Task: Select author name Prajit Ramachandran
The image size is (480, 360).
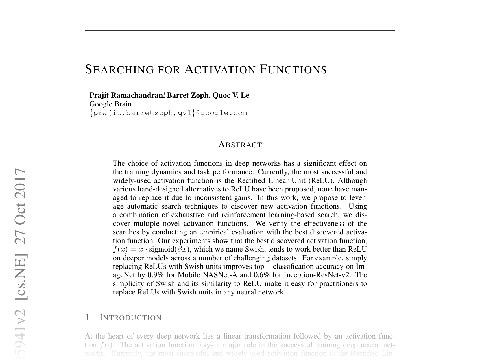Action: click(x=126, y=95)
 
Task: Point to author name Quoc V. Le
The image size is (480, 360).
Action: click(x=231, y=95)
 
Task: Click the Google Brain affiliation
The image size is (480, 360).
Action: click(x=110, y=104)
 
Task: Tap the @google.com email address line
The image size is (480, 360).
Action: click(x=168, y=113)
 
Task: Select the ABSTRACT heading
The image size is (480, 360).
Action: click(x=240, y=145)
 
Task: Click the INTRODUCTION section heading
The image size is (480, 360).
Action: click(x=130, y=318)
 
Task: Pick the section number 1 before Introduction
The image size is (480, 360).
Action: click(x=87, y=318)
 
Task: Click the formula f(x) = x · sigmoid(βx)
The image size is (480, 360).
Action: click(x=151, y=250)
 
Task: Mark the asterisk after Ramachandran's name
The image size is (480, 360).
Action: click(x=164, y=93)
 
